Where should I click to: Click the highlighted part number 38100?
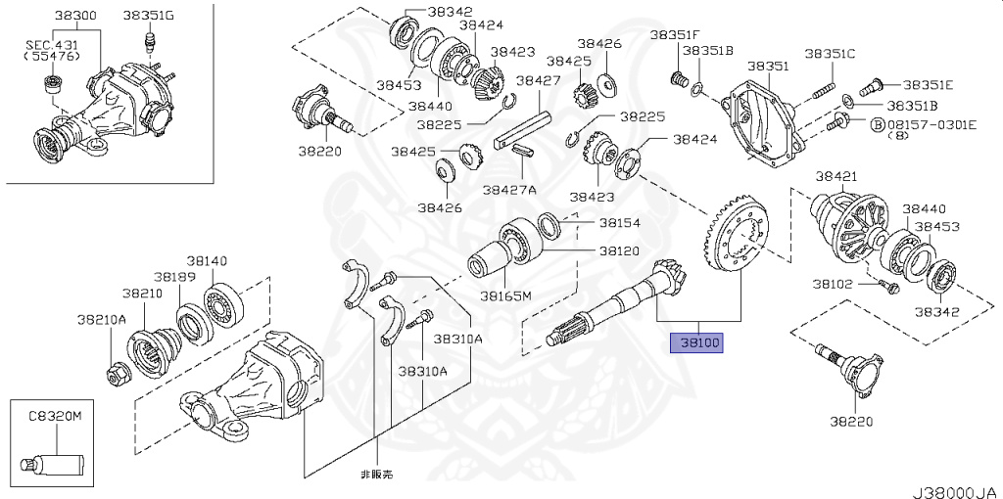[x=694, y=343]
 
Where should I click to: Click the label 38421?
[x=836, y=176]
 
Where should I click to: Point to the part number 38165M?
[x=505, y=295]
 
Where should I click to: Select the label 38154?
[x=619, y=223]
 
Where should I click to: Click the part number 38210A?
[x=102, y=319]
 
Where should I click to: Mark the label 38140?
[x=207, y=261]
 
